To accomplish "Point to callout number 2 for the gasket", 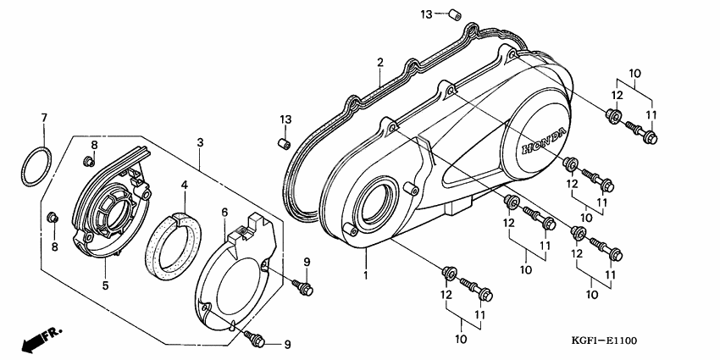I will click(x=380, y=62).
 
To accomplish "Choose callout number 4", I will click(x=185, y=184).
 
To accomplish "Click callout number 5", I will click(x=106, y=286).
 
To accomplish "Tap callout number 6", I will click(x=225, y=211).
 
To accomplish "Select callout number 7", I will click(x=44, y=116).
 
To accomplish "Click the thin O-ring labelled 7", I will click(x=35, y=166).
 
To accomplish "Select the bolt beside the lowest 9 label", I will click(x=254, y=339).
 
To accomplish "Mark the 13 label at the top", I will click(x=427, y=14).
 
